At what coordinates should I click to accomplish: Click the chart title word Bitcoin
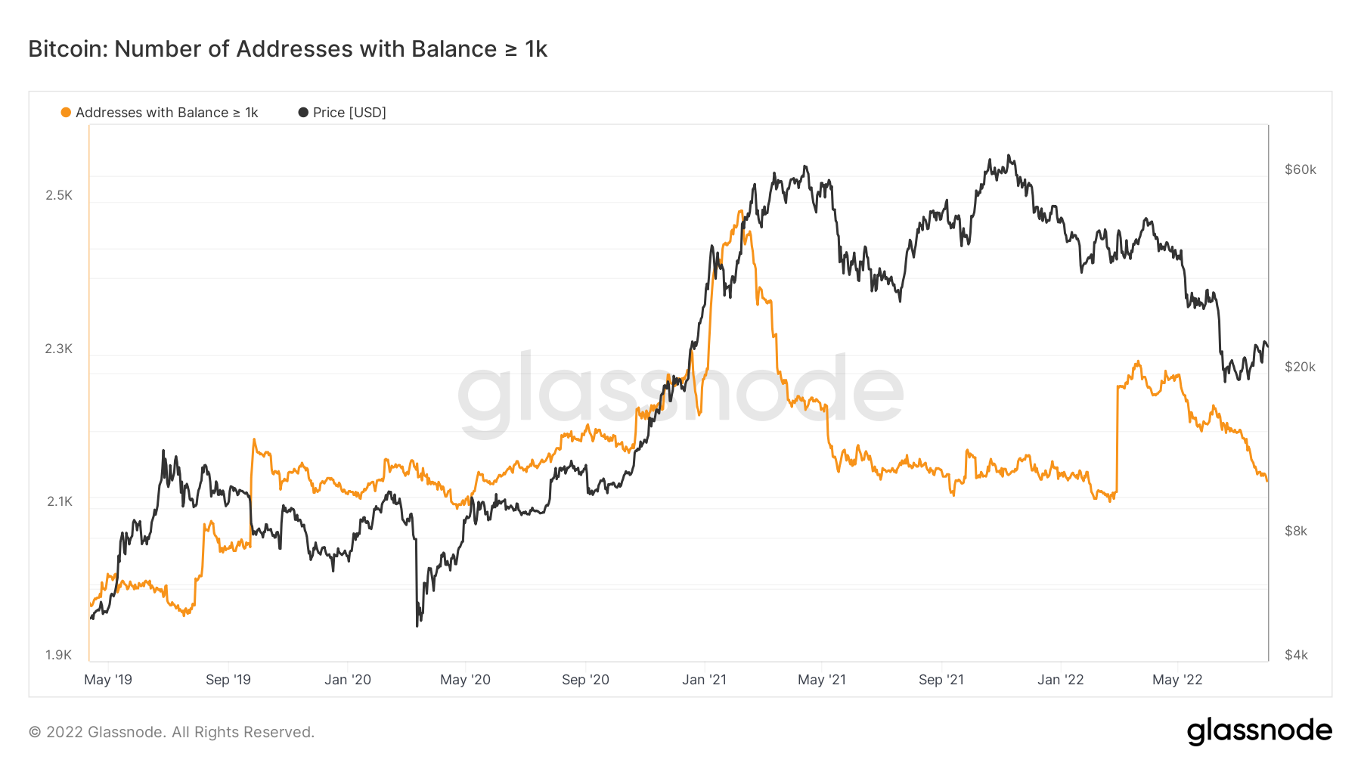68,49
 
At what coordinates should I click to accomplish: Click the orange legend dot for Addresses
66,113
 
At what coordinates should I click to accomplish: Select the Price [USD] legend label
349,113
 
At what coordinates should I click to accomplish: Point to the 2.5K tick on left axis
59,195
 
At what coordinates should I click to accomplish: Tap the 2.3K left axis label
59,349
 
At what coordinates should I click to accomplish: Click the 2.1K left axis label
60,501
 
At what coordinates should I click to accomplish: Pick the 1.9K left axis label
59,655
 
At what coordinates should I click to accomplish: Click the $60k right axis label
1301,169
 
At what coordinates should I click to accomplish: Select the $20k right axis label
1301,367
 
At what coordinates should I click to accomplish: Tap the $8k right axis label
1296,531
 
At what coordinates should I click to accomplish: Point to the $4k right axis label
1296,655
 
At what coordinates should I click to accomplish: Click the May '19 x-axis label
108,680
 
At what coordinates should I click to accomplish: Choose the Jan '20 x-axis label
348,680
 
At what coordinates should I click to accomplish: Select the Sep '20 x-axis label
585,680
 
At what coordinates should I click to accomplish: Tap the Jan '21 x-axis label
704,680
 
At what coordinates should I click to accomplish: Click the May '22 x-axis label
1177,680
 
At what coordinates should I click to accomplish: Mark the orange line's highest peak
740,211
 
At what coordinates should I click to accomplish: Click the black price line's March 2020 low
417,625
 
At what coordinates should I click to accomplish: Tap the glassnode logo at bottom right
1259,731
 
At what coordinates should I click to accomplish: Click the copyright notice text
172,732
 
